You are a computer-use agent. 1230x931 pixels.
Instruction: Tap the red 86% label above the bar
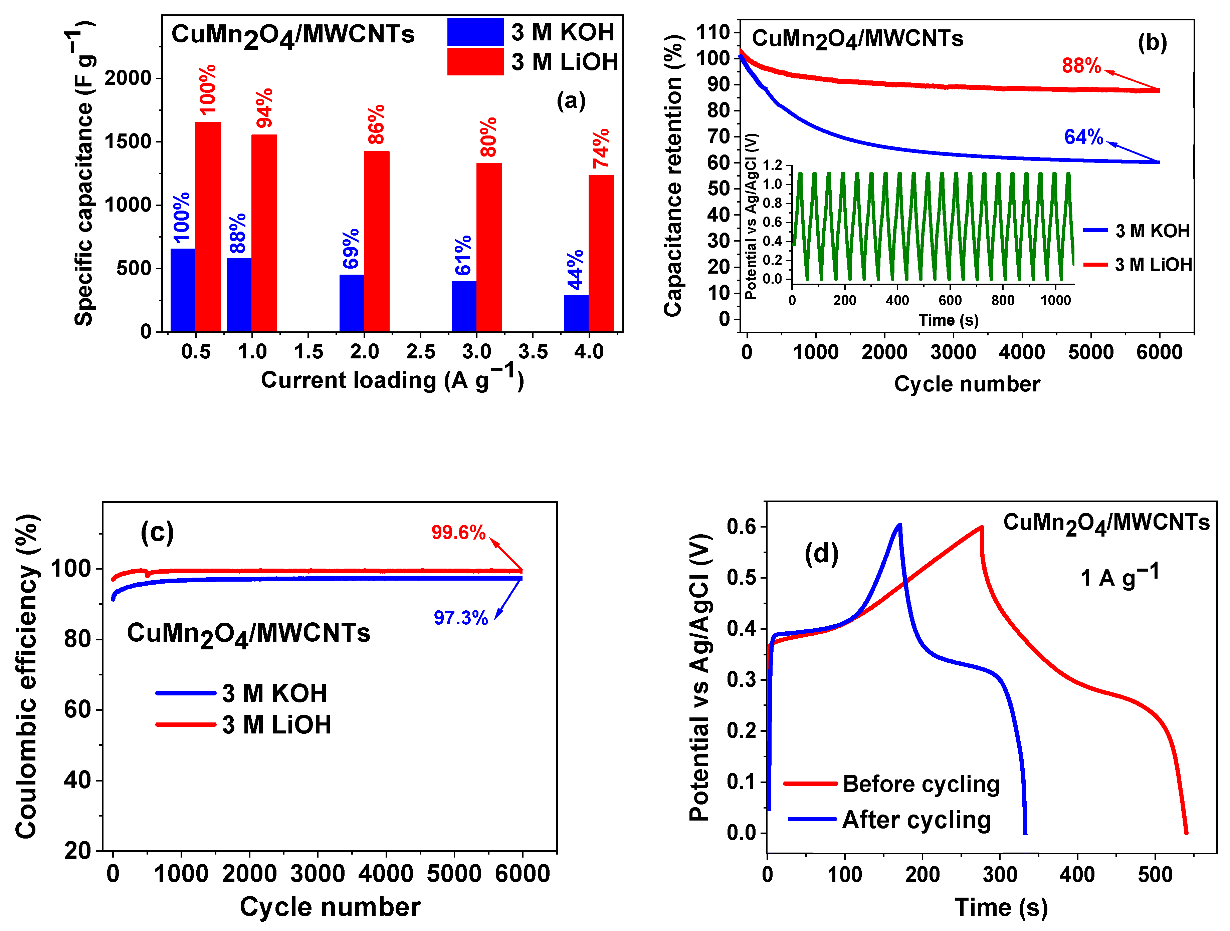[x=377, y=124]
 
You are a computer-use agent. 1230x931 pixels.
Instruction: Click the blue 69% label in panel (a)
[x=351, y=249]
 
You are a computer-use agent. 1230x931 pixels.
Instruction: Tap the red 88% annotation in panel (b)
[x=1081, y=66]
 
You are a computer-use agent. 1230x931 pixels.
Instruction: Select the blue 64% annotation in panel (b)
[x=1083, y=137]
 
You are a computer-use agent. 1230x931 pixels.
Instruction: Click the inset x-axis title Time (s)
[x=948, y=320]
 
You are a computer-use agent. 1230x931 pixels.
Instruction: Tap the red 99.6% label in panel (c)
[x=458, y=533]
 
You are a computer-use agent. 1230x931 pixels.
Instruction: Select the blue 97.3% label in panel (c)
[x=460, y=618]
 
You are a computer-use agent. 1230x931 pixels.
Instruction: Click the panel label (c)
[x=157, y=533]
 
